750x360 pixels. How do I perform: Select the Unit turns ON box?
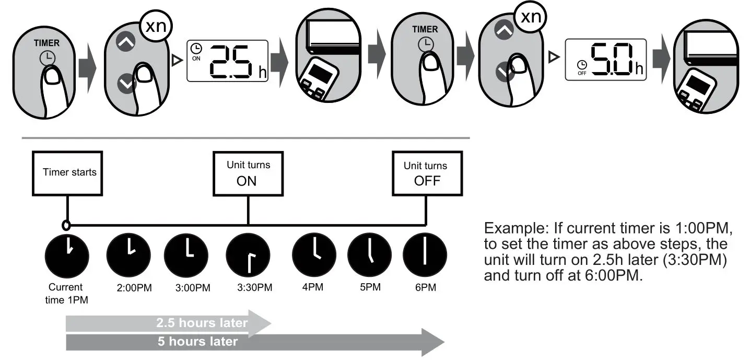click(x=248, y=174)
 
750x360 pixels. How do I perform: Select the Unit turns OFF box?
click(x=426, y=174)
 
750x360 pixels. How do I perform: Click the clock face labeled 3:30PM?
click(x=248, y=256)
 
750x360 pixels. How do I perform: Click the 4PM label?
click(x=313, y=287)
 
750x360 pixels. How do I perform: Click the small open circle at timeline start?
click(x=66, y=225)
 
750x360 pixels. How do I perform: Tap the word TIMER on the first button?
click(x=47, y=43)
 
